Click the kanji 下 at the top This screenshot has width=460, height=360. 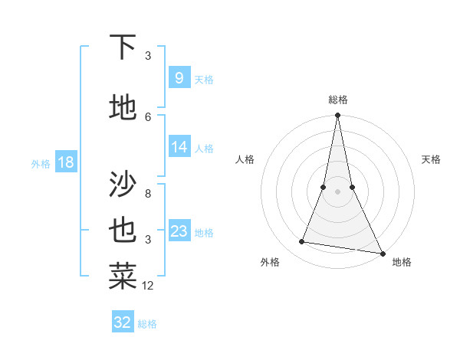[x=123, y=47]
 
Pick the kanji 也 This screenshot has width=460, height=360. [x=123, y=230]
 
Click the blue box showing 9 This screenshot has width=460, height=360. [x=179, y=77]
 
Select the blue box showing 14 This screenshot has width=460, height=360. [x=179, y=147]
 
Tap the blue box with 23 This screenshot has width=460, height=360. [x=179, y=231]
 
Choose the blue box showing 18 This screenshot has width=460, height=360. [x=65, y=162]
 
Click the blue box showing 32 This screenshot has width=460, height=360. [x=123, y=322]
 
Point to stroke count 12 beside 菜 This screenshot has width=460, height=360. [x=148, y=286]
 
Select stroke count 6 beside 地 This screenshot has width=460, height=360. [x=148, y=116]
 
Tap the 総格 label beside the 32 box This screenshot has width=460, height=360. [x=147, y=324]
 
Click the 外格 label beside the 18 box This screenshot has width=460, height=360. [x=40, y=163]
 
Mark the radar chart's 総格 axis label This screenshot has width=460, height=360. [x=337, y=100]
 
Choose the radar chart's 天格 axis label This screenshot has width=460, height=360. [x=432, y=159]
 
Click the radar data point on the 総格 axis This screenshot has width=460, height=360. [x=337, y=116]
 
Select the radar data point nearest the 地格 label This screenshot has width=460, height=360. [x=383, y=253]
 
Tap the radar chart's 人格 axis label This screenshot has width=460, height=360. [x=245, y=159]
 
